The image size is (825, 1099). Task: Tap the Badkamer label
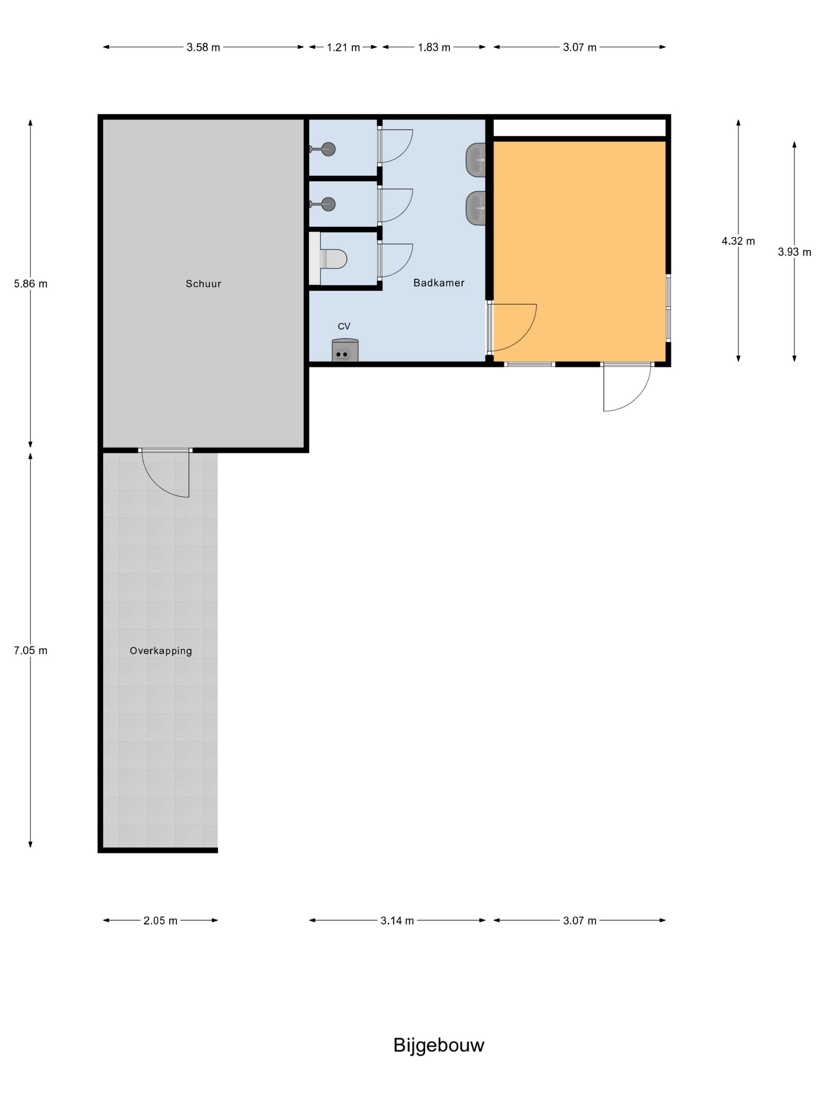point(438,283)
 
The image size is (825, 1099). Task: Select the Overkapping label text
point(161,651)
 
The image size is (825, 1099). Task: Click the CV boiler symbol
point(345,350)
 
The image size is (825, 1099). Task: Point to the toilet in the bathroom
point(328,258)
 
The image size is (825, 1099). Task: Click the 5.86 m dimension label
point(31,284)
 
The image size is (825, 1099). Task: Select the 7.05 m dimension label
point(31,651)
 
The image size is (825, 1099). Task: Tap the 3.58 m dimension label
point(203,47)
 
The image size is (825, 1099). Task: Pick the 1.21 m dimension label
point(343,47)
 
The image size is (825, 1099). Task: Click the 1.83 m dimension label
point(434,47)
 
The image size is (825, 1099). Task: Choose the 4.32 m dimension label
point(739,241)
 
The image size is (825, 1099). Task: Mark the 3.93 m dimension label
point(795,252)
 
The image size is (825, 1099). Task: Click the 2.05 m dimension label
point(161,921)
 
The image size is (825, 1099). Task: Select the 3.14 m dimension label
point(397,921)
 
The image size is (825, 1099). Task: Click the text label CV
point(344,327)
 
